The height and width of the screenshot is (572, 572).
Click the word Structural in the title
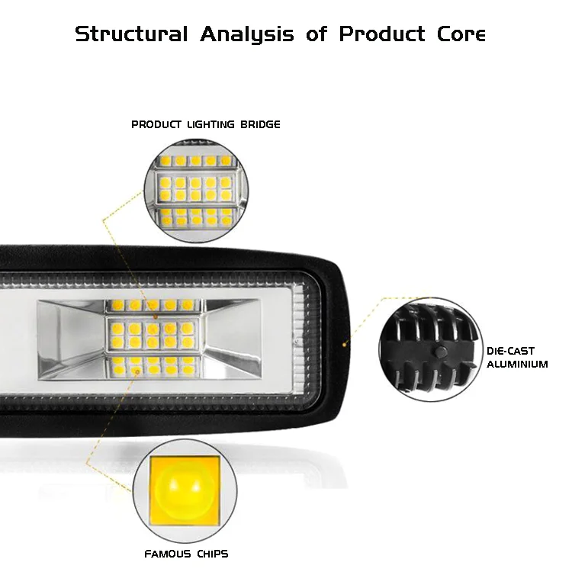pos(130,34)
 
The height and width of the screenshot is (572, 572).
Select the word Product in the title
pos(381,34)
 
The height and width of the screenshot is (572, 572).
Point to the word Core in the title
pos(461,34)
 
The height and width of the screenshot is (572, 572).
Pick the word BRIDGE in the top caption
pos(260,124)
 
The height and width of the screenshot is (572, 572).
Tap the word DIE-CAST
pos(510,352)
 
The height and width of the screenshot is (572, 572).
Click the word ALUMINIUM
pos(517,365)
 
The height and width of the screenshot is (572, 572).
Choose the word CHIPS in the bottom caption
pos(210,554)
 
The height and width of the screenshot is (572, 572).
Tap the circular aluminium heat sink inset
pos(429,348)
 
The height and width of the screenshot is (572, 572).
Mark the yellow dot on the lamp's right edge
pos(344,344)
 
